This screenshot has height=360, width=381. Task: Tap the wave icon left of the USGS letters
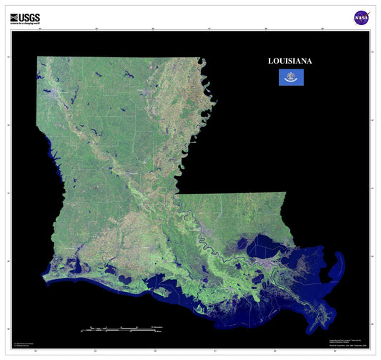tap(15, 16)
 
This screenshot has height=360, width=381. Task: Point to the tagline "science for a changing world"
tap(25, 24)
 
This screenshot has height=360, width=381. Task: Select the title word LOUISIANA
tap(290, 61)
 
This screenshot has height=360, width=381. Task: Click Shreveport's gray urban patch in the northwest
tap(53, 92)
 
